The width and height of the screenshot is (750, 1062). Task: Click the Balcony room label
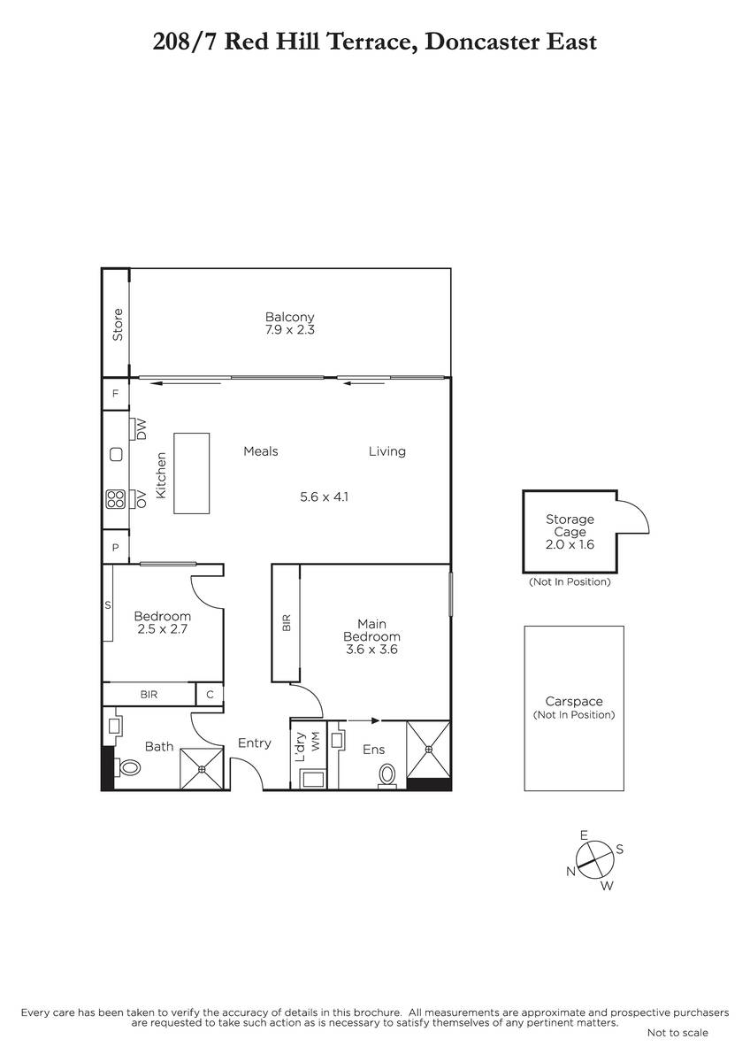click(x=289, y=317)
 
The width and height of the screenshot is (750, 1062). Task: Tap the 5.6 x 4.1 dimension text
click(x=324, y=496)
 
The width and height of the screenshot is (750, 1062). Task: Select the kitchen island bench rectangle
click(x=191, y=473)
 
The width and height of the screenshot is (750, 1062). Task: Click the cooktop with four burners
click(x=116, y=499)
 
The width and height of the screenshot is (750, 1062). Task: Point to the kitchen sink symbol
click(x=116, y=455)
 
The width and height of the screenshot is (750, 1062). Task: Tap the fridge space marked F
click(x=115, y=394)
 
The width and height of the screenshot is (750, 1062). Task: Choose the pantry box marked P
click(x=115, y=547)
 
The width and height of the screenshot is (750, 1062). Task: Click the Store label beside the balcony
click(x=118, y=324)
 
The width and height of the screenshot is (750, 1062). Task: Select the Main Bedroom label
click(x=372, y=630)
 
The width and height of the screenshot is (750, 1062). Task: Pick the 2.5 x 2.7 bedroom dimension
click(x=163, y=629)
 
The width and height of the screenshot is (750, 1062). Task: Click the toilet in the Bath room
click(x=128, y=766)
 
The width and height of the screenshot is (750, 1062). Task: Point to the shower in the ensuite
click(x=428, y=750)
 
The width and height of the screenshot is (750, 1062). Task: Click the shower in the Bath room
click(x=202, y=768)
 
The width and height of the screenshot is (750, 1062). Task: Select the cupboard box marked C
click(x=210, y=694)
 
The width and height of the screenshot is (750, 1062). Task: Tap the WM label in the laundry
click(x=316, y=741)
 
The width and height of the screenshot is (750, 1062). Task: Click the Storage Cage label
click(x=570, y=526)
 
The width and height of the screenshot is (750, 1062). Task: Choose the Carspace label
click(x=574, y=701)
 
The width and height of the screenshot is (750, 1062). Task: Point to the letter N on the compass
click(x=571, y=871)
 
